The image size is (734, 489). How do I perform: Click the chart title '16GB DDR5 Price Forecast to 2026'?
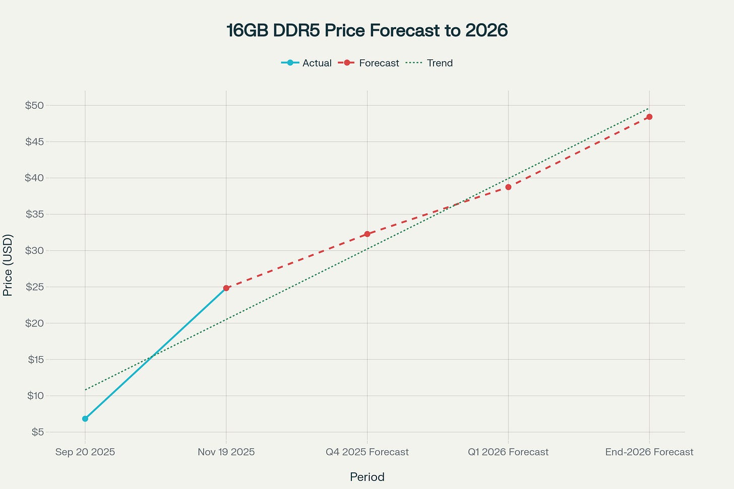point(366,31)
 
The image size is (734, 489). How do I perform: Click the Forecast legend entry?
point(369,63)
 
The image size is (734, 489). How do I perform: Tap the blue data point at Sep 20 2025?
point(85,418)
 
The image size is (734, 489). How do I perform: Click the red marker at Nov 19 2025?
point(226,288)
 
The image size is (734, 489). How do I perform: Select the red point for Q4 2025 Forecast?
point(367,234)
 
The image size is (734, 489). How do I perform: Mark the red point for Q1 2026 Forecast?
point(508,187)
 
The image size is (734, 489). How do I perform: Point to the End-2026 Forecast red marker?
point(649,117)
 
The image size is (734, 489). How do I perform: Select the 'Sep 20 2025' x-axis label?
point(85,452)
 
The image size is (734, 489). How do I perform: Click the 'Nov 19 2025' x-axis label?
point(226,452)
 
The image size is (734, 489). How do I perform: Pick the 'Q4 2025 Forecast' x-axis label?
point(367,452)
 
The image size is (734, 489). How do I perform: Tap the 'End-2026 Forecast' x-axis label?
point(649,452)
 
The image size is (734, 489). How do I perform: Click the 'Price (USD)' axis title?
point(8,265)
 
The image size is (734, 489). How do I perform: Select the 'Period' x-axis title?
point(367,477)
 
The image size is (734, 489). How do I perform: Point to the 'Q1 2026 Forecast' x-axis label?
point(508,452)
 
